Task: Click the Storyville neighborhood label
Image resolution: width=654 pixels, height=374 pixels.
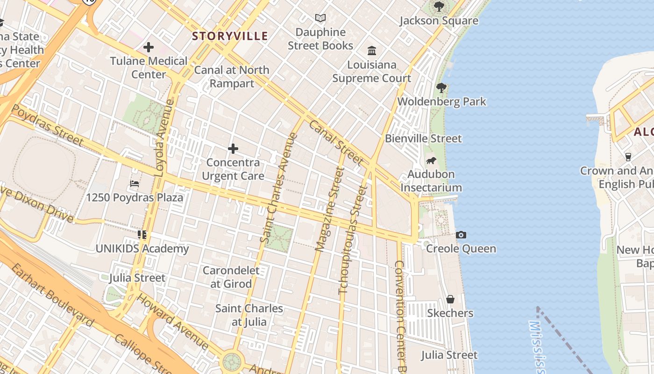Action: tap(230, 36)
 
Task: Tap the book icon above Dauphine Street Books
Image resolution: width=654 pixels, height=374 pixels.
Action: tap(320, 18)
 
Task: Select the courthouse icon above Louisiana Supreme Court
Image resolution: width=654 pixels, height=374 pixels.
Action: tap(372, 50)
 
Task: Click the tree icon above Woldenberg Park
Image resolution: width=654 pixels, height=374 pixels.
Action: tap(441, 87)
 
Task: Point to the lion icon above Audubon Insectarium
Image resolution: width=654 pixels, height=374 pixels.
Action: tap(431, 161)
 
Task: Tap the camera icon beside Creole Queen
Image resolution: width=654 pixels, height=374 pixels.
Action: tap(461, 235)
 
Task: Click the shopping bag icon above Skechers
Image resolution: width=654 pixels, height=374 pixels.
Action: tap(450, 299)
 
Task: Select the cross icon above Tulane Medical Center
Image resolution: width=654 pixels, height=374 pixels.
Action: tap(149, 47)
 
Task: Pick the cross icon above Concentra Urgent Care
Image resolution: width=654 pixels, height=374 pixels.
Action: tap(233, 149)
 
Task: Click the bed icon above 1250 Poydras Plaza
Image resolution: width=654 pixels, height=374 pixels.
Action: tap(135, 184)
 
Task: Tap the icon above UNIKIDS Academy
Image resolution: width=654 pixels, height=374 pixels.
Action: tap(142, 235)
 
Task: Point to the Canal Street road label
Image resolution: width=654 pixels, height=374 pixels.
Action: tap(336, 143)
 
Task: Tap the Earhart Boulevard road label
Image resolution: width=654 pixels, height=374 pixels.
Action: tap(52, 295)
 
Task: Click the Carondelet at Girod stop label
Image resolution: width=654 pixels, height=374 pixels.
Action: tap(231, 277)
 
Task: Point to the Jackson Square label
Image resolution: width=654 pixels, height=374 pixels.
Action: tap(439, 21)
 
